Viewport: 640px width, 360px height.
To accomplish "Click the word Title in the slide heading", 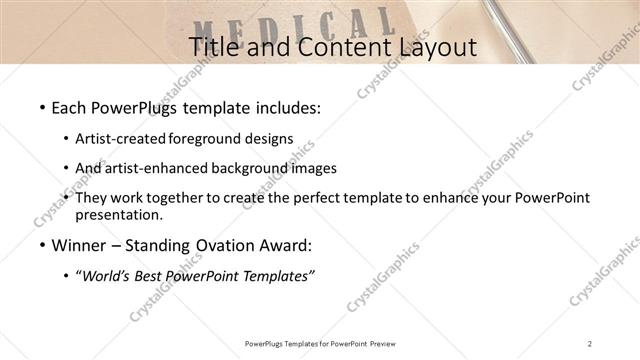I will (x=214, y=46).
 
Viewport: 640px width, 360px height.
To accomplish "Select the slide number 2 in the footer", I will (x=590, y=343).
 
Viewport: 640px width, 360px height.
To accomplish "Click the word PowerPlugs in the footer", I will (x=266, y=343).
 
